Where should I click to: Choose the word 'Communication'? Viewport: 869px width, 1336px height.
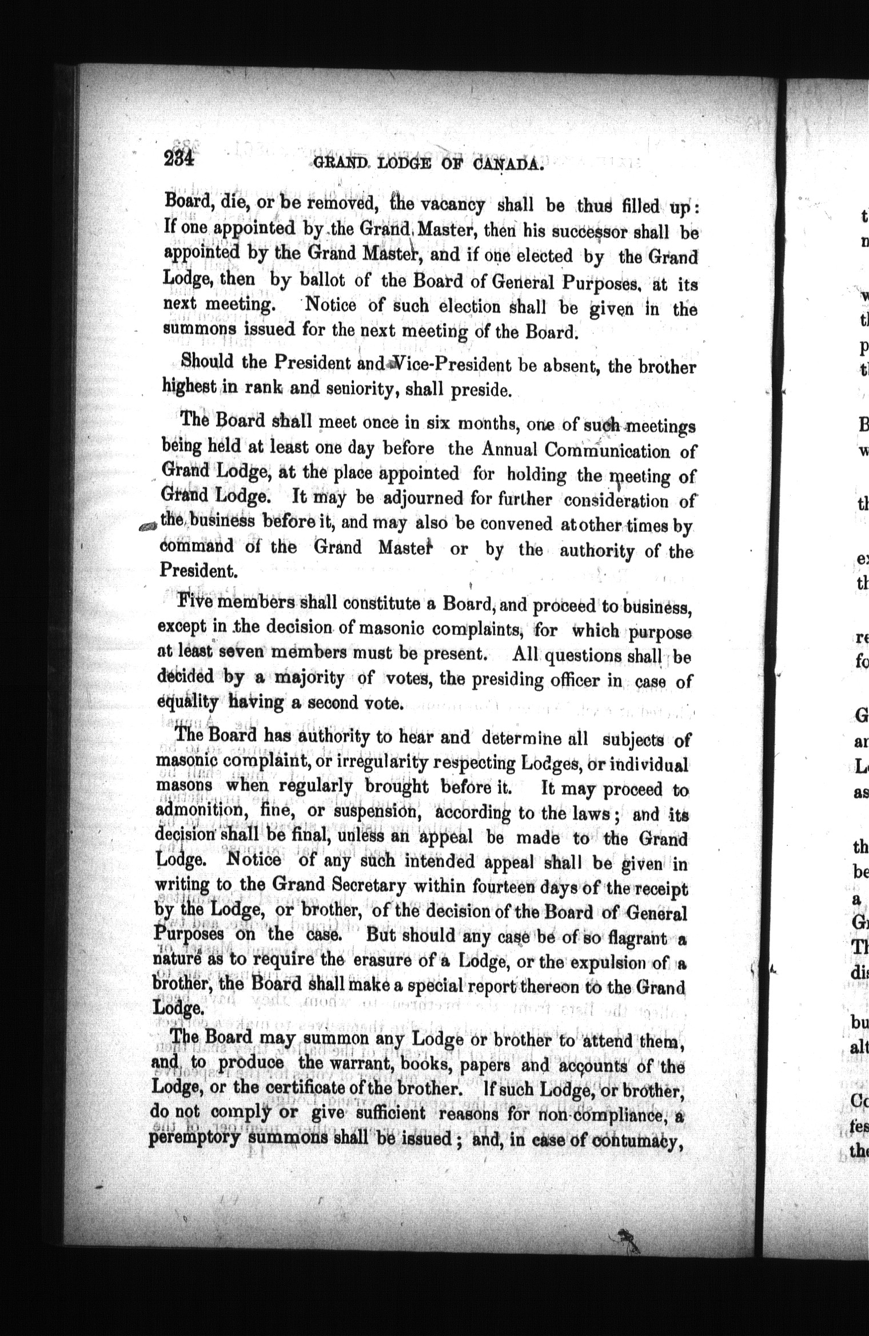tap(608, 451)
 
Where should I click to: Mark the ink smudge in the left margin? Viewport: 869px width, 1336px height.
tap(148, 527)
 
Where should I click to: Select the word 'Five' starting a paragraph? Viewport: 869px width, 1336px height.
tap(195, 602)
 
